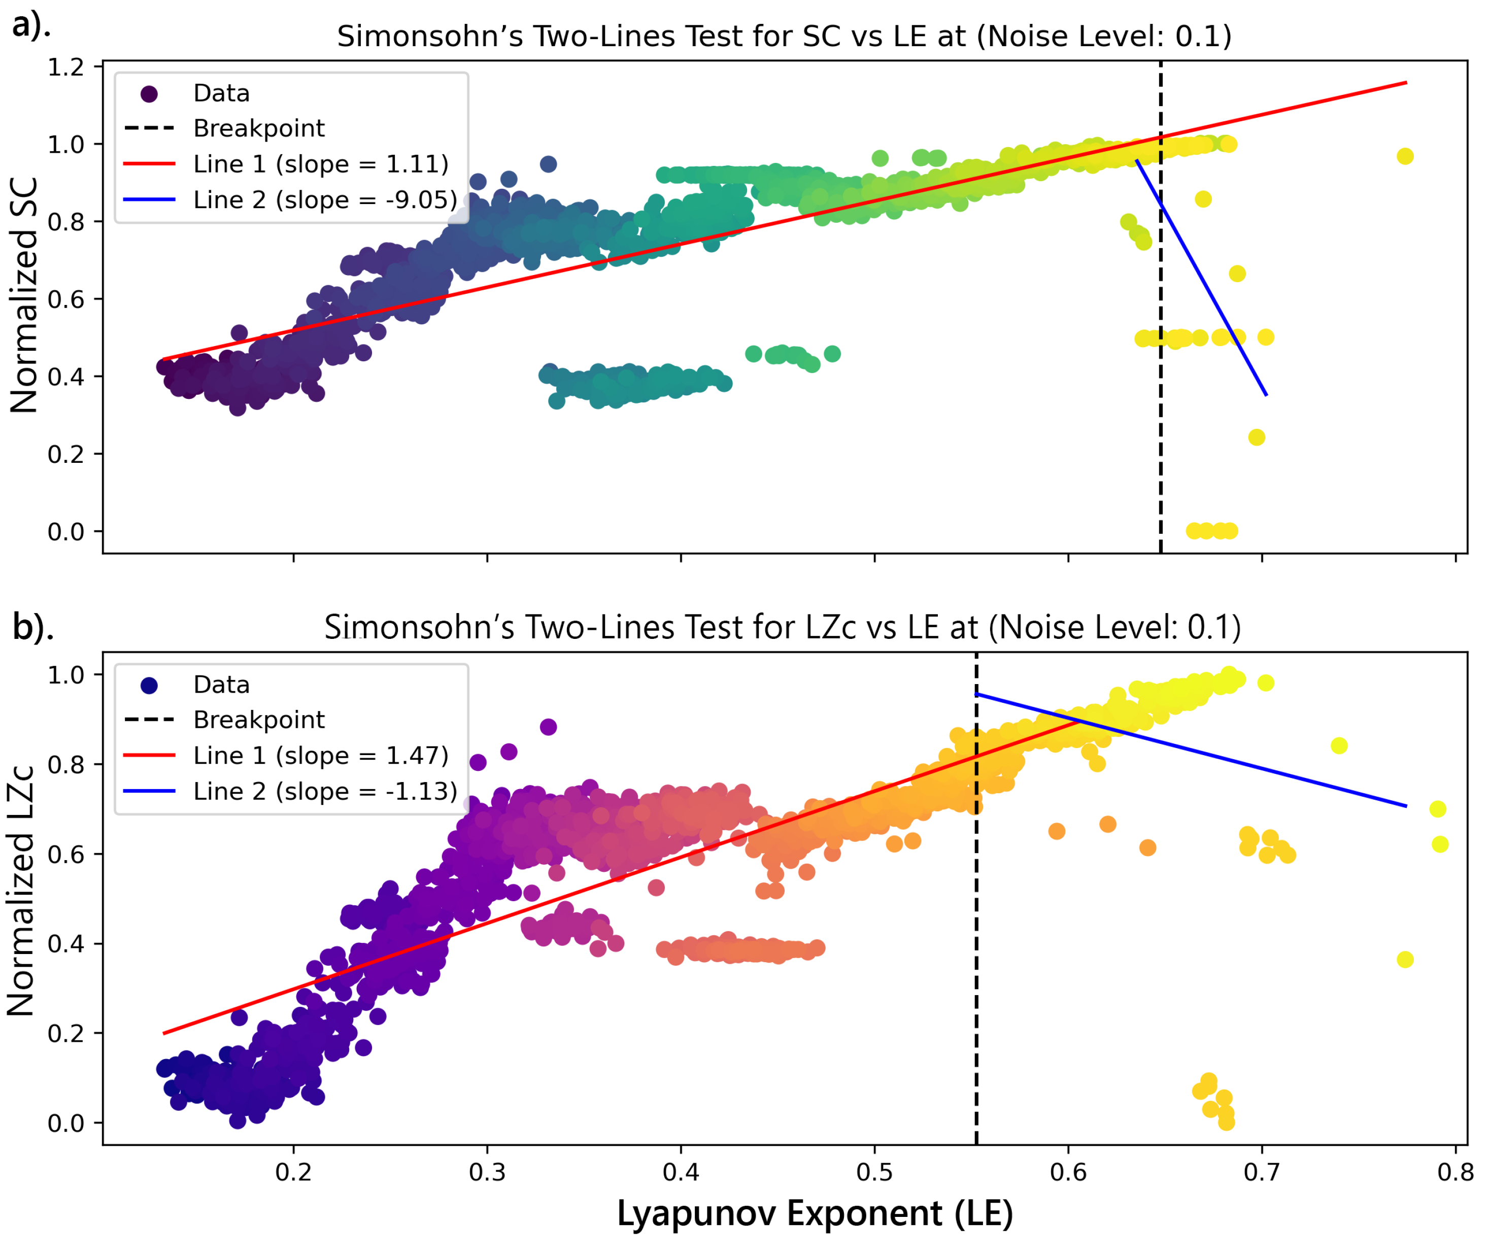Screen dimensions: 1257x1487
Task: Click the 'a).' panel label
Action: pos(30,26)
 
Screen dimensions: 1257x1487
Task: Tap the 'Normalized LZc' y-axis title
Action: pos(21,891)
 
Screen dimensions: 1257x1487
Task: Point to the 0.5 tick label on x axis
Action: pos(874,1172)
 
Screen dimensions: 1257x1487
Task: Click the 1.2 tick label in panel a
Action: pos(65,67)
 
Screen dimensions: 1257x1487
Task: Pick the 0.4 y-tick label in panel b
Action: pos(65,944)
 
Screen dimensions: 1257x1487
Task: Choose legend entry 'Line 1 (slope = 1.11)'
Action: pos(321,164)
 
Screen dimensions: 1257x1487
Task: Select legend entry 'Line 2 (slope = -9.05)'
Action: pos(325,199)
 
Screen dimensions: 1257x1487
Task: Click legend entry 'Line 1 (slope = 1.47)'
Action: pos(321,755)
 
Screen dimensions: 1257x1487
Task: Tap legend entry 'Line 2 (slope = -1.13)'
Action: pos(325,791)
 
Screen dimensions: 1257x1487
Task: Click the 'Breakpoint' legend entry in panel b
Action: pos(259,720)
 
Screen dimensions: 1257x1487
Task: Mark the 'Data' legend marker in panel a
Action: pos(149,93)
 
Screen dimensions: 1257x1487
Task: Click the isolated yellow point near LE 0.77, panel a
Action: pos(1404,156)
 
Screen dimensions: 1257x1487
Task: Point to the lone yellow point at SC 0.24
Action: pos(1256,437)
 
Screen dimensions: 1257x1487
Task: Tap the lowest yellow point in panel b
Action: pos(1226,1123)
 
